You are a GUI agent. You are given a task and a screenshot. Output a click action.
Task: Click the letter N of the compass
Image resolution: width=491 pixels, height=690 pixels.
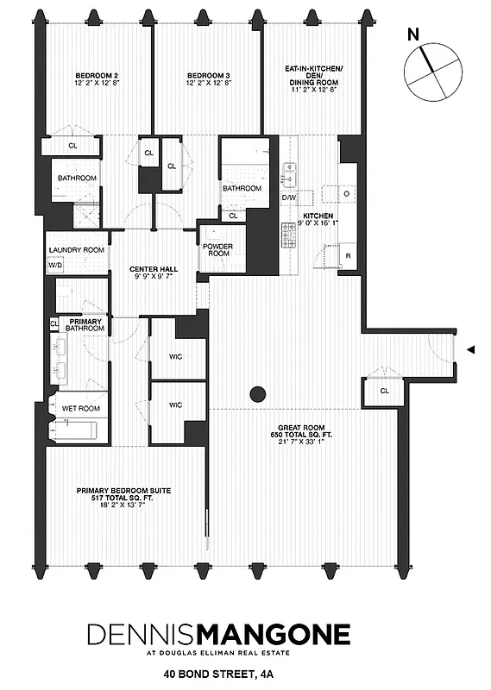coord(413,35)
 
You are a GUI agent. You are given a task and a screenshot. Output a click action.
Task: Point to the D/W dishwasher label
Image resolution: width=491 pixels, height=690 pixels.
coord(289,198)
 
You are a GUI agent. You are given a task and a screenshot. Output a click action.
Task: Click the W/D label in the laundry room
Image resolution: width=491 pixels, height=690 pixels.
coord(56,266)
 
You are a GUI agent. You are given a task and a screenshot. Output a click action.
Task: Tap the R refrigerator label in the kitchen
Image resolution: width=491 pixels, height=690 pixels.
coord(347,257)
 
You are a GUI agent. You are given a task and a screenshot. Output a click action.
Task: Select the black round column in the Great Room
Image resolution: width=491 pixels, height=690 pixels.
coord(256,396)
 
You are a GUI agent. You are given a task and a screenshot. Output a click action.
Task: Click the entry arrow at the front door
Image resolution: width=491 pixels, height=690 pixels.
coord(469,349)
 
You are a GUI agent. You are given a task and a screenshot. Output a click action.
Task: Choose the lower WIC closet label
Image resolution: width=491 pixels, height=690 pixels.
coord(175,405)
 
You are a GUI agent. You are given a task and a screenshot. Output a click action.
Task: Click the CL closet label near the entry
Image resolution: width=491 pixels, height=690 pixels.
coord(384,391)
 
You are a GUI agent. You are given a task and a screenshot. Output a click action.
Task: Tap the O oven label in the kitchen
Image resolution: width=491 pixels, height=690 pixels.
coord(347,194)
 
